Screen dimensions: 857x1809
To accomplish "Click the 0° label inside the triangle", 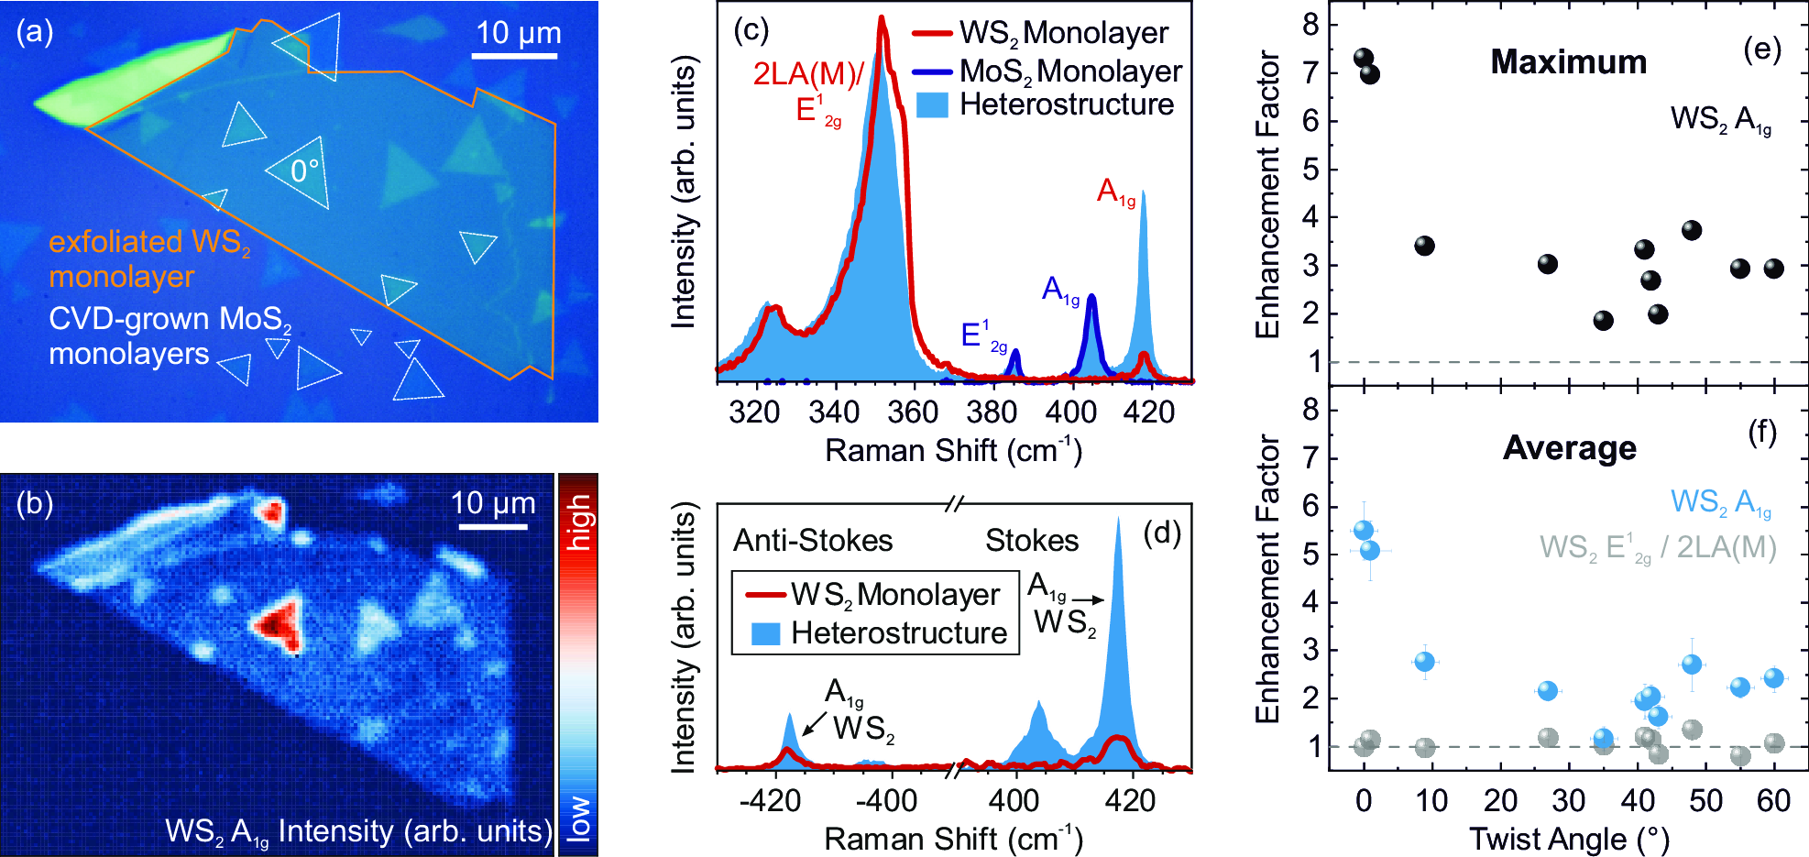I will pyautogui.click(x=304, y=171).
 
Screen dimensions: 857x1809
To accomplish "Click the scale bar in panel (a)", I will pyautogui.click(x=515, y=56).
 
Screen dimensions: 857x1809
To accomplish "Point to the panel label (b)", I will pyautogui.click(x=35, y=503).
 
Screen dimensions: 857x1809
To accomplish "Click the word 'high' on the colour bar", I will pyautogui.click(x=579, y=522).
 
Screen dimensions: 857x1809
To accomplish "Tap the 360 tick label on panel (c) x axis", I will pyautogui.click(x=913, y=412).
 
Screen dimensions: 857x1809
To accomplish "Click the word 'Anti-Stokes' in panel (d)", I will pyautogui.click(x=813, y=541).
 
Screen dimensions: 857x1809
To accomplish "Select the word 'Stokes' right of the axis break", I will pyautogui.click(x=1032, y=541).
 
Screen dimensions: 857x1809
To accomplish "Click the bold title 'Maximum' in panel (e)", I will pyautogui.click(x=1568, y=61).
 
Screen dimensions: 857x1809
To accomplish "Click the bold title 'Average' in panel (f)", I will pyautogui.click(x=1569, y=448).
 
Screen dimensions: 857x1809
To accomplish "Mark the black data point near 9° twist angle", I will pyautogui.click(x=1424, y=246).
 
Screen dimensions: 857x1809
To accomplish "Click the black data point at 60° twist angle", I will pyautogui.click(x=1774, y=269).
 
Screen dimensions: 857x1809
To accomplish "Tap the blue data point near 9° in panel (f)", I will pyautogui.click(x=1424, y=662).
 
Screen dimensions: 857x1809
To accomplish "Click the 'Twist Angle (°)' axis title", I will pyautogui.click(x=1569, y=839).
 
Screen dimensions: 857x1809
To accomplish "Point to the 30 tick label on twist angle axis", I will pyautogui.click(x=1569, y=801).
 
